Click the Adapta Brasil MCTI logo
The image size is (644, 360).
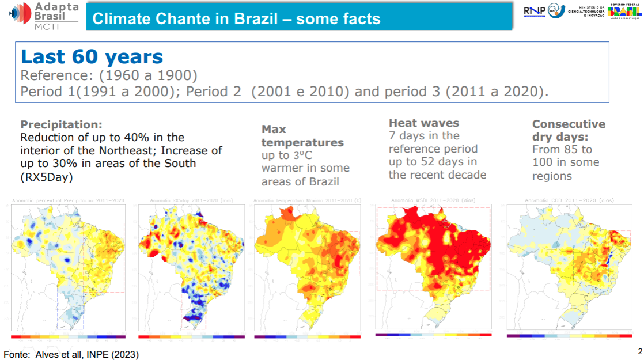click(43, 16)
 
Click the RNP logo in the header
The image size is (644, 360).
click(535, 12)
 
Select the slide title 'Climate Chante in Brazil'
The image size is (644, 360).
click(236, 18)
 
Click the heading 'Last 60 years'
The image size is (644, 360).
click(92, 57)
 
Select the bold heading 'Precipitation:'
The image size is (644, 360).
click(61, 124)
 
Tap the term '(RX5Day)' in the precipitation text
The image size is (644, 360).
click(47, 176)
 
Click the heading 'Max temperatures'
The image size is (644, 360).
click(302, 136)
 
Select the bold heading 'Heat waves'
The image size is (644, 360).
click(423, 123)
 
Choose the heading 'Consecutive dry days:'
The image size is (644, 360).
click(568, 131)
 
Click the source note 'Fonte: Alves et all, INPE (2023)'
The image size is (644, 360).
click(71, 354)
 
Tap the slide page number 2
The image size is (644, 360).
click(639, 351)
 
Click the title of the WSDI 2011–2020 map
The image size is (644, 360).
click(433, 200)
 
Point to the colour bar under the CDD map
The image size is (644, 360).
click(565, 336)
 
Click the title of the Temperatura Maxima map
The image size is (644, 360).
click(307, 200)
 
